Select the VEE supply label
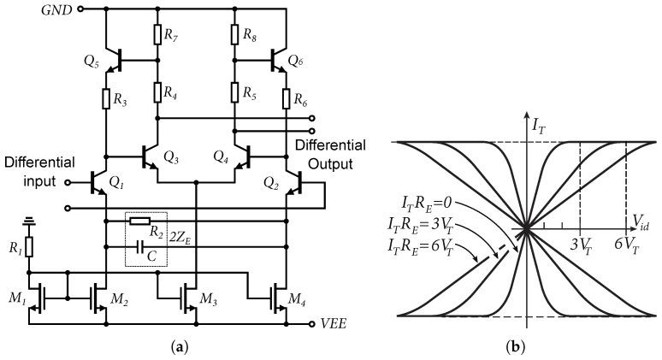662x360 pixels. click(x=333, y=324)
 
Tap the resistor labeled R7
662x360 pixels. click(x=157, y=34)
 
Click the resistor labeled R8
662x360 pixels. click(x=233, y=34)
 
